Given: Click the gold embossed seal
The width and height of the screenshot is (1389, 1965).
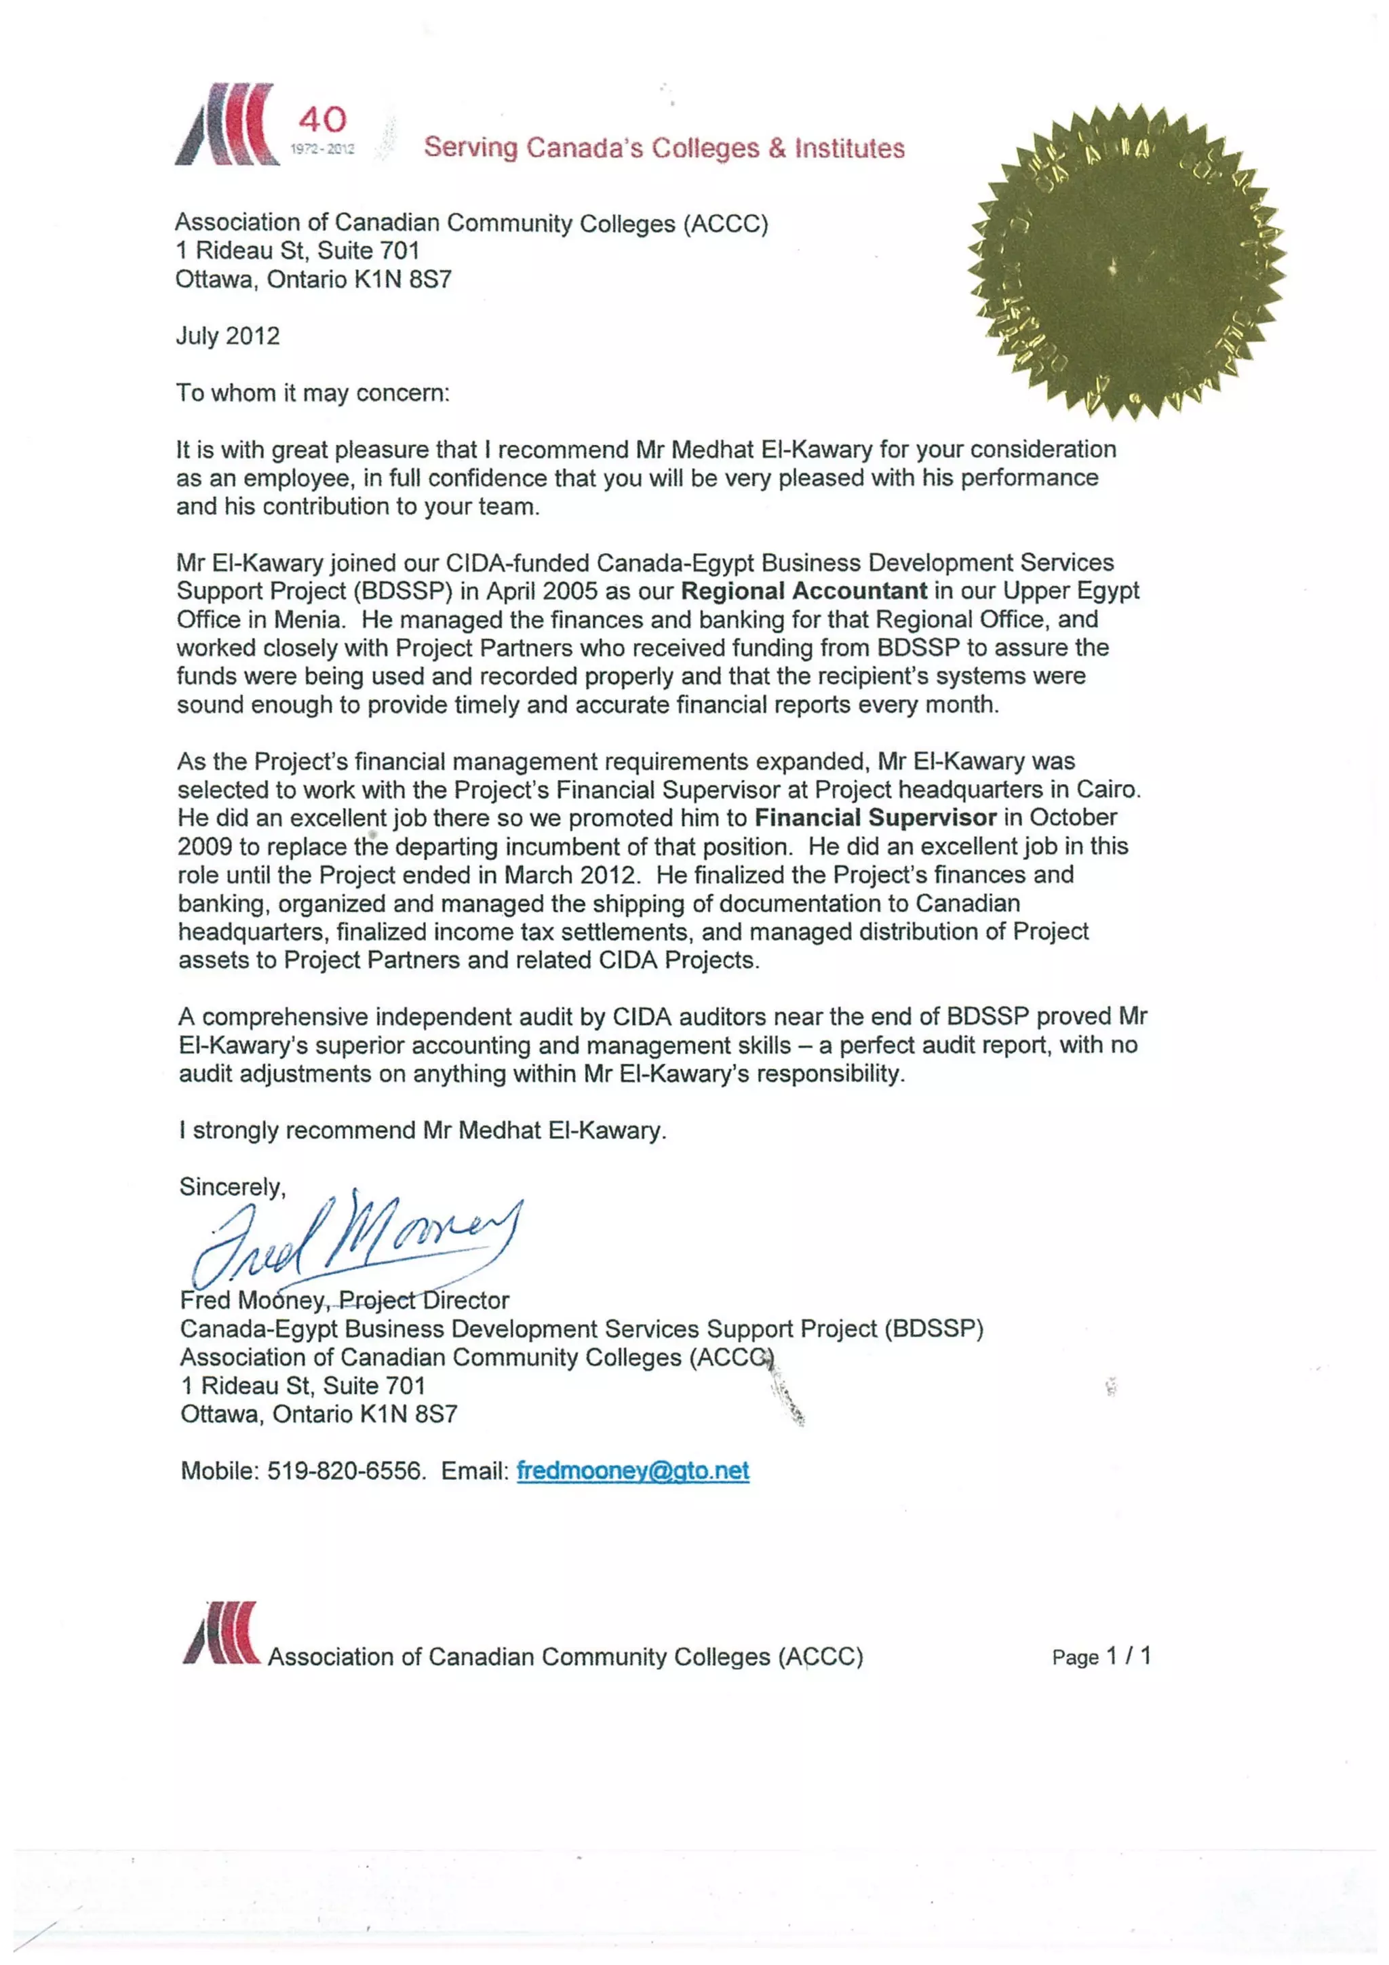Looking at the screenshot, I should pyautogui.click(x=1127, y=262).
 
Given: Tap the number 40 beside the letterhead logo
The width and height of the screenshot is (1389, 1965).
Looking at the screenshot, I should pyautogui.click(x=323, y=119).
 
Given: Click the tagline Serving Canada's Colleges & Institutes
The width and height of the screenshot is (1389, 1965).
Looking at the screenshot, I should pyautogui.click(x=664, y=148).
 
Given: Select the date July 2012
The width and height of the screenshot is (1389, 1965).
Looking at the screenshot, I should pyautogui.click(x=228, y=336).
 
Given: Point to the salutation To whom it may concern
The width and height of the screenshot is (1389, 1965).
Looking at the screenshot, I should pyautogui.click(x=313, y=393).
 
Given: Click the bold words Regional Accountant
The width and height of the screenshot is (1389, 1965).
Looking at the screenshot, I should pyautogui.click(x=804, y=591).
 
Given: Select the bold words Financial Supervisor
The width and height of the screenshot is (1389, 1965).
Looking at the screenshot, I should pyautogui.click(x=875, y=817).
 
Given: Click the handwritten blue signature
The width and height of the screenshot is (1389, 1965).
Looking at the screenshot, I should pyautogui.click(x=359, y=1241).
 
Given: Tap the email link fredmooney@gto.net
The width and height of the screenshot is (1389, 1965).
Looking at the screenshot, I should pyautogui.click(x=633, y=1471).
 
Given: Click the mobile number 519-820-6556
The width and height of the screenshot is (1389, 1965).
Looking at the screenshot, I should pyautogui.click(x=345, y=1471).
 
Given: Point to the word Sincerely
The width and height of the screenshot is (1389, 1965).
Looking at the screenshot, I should pyautogui.click(x=232, y=1187).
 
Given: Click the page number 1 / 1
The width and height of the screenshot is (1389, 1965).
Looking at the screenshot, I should pyautogui.click(x=1128, y=1656).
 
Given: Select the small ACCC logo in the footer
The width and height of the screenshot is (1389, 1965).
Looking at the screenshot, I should pyautogui.click(x=221, y=1634).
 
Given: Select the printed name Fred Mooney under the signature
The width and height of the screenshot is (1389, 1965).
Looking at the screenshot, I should pyautogui.click(x=252, y=1301).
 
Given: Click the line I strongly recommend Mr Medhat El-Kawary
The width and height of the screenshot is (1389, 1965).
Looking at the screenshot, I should pyautogui.click(x=422, y=1131).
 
